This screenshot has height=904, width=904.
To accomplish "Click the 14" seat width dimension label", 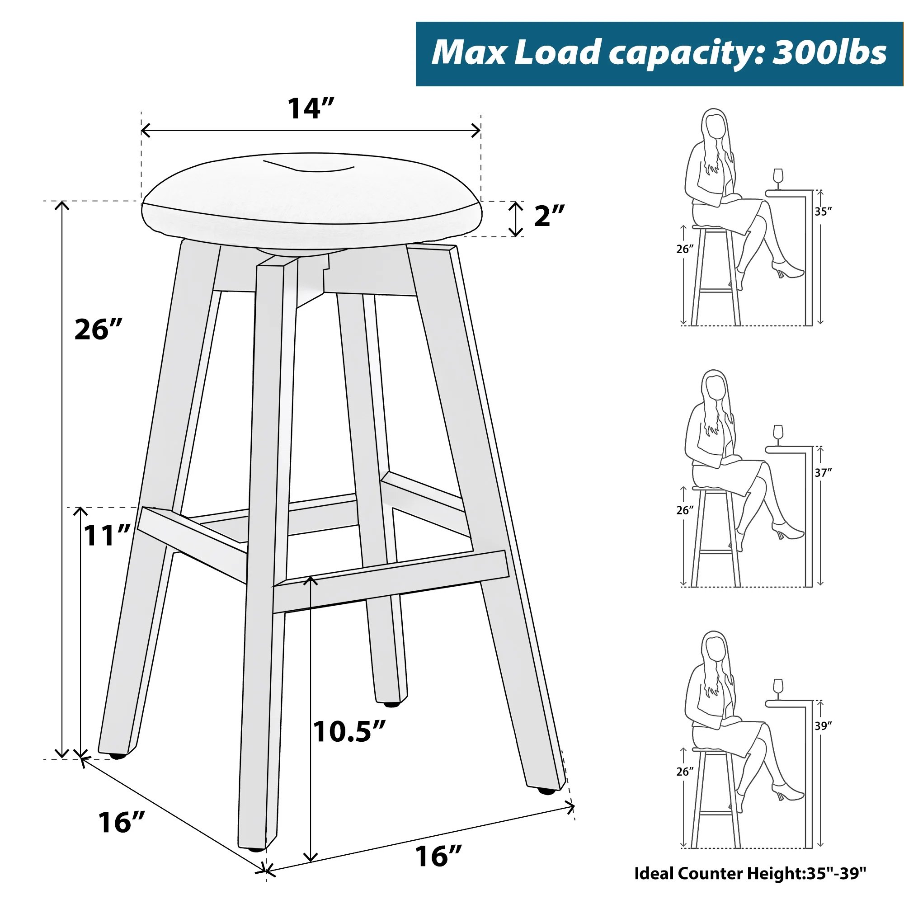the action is tap(311, 108).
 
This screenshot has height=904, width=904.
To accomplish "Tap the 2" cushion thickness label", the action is tap(549, 216).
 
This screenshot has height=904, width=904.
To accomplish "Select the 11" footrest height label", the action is tap(107, 535).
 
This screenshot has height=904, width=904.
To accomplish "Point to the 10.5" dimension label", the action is tap(349, 731).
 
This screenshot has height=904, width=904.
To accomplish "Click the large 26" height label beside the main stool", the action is tap(98, 329).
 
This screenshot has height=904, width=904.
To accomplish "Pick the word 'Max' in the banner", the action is tap(468, 52).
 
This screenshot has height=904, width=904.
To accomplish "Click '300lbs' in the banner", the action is tap(829, 52).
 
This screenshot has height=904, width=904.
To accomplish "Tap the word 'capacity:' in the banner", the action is tap(687, 54).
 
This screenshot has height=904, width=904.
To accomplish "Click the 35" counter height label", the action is tap(823, 212).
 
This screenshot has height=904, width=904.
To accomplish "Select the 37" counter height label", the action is tap(823, 473).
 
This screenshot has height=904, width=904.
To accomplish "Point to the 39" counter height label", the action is tap(823, 726).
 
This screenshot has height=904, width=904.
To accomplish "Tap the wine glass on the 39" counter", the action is tap(778, 689).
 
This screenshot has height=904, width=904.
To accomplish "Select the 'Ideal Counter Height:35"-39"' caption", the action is tap(750, 873).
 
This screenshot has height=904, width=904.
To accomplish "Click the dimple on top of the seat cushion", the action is tap(308, 166).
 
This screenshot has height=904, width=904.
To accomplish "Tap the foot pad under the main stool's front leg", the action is tap(256, 849).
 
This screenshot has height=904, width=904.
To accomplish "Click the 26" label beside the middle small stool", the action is tap(684, 510).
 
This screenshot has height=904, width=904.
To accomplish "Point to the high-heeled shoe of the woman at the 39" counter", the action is tap(788, 792).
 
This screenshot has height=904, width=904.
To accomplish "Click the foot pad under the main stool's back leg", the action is tap(391, 704).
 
